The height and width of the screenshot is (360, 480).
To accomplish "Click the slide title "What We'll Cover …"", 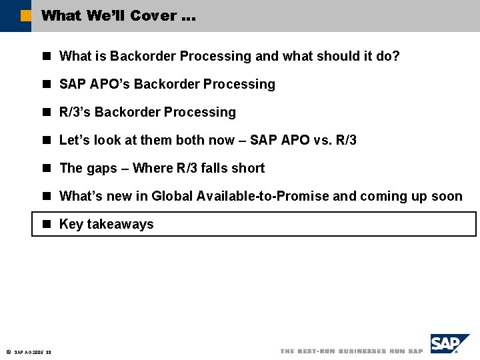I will click(118, 15).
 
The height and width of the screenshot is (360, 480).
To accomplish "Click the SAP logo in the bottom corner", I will click(449, 343).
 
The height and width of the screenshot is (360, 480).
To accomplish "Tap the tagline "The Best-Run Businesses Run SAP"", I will click(351, 351).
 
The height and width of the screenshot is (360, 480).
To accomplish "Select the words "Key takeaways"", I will click(106, 224).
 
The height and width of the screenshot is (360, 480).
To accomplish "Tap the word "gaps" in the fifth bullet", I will click(101, 168).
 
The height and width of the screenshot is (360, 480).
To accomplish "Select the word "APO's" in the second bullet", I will click(107, 84).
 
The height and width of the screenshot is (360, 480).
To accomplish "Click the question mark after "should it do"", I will click(396, 56).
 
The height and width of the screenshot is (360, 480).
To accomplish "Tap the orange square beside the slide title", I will click(26, 15).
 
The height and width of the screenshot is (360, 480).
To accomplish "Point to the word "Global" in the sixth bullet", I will click(172, 196).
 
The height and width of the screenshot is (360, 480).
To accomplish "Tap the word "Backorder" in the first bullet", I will click(141, 56).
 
